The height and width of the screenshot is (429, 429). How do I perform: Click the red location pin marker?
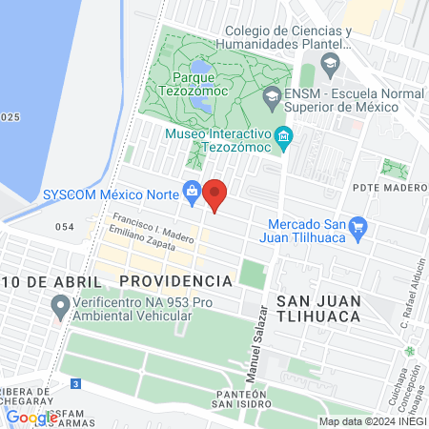click(x=215, y=194)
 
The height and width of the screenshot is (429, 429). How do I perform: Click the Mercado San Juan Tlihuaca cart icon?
click(x=358, y=227)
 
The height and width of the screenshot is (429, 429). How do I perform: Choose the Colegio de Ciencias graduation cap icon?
click(x=330, y=65)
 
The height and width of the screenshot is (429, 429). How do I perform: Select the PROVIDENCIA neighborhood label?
click(x=176, y=281)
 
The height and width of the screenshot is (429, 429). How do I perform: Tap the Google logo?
click(x=31, y=417)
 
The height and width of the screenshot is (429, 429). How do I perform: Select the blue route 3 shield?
click(x=76, y=383)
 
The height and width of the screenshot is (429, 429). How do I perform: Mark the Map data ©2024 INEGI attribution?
click(x=371, y=421)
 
